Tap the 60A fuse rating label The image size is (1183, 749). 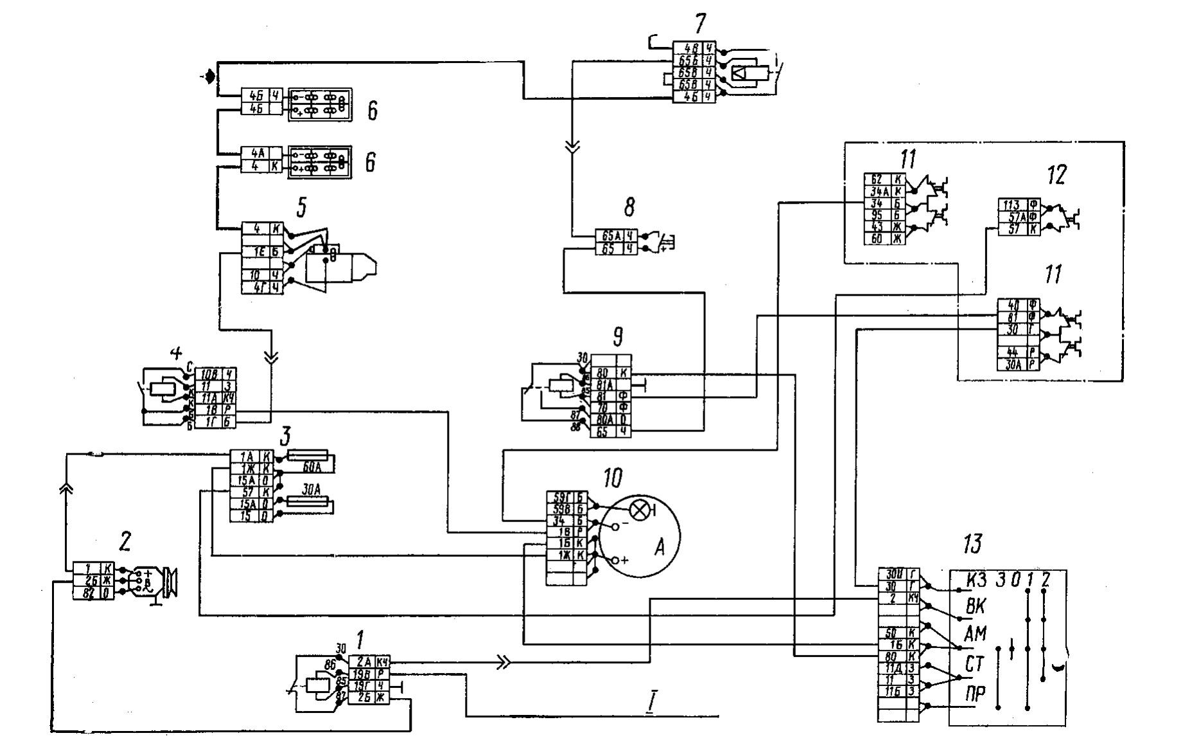pos(312,467)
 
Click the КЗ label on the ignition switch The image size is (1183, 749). pos(976,580)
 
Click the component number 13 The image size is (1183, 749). pos(972,545)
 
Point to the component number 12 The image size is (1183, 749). pos(1056,175)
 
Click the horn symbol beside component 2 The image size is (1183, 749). pos(170,582)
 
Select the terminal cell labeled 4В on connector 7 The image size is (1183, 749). pos(688,48)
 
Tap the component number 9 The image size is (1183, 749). pos(618,335)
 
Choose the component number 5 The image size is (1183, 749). pos(301,206)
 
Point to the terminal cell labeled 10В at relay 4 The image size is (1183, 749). pos(209,374)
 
